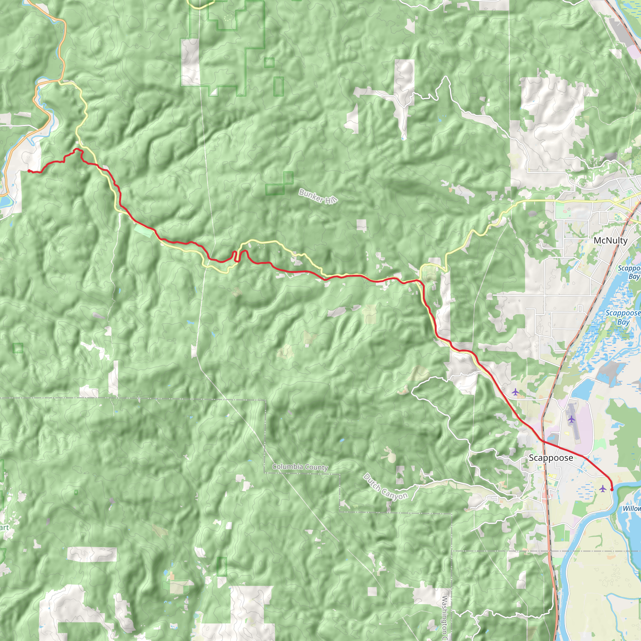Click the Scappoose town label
coord(551,458)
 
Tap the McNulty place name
coord(610,241)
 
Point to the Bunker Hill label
coord(318,196)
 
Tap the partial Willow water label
coord(632,509)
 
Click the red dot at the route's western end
coord(29,171)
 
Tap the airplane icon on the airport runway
coord(571,419)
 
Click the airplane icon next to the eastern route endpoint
coord(603,488)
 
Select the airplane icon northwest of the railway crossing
coord(515,392)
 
